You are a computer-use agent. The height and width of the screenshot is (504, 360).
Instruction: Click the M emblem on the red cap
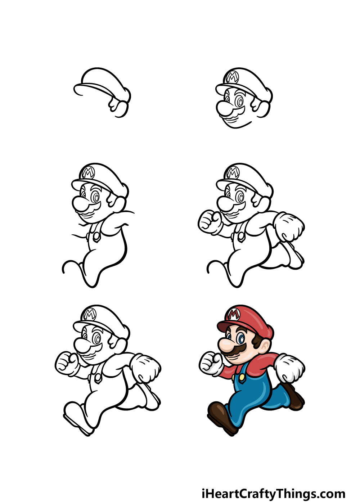click(x=234, y=314)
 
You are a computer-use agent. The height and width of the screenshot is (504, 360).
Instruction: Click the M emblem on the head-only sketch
click(x=233, y=77)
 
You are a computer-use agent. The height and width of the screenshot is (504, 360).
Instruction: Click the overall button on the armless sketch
click(x=96, y=236)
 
